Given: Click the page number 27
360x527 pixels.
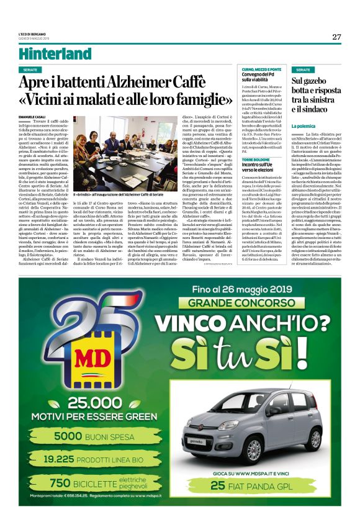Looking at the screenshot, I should (336, 37).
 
